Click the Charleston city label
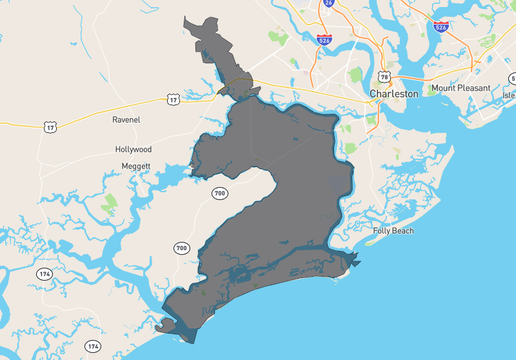coord(393,93)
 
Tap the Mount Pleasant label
coord(463,88)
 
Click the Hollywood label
coord(133,149)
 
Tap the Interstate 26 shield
coord(329,4)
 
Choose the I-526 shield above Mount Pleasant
coord(440,30)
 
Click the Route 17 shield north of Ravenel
coord(174,99)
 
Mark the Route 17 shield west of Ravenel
coord(51,127)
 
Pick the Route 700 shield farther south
coord(181,248)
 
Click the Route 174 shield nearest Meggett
coord(44,273)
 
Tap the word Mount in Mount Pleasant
coord(444,88)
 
